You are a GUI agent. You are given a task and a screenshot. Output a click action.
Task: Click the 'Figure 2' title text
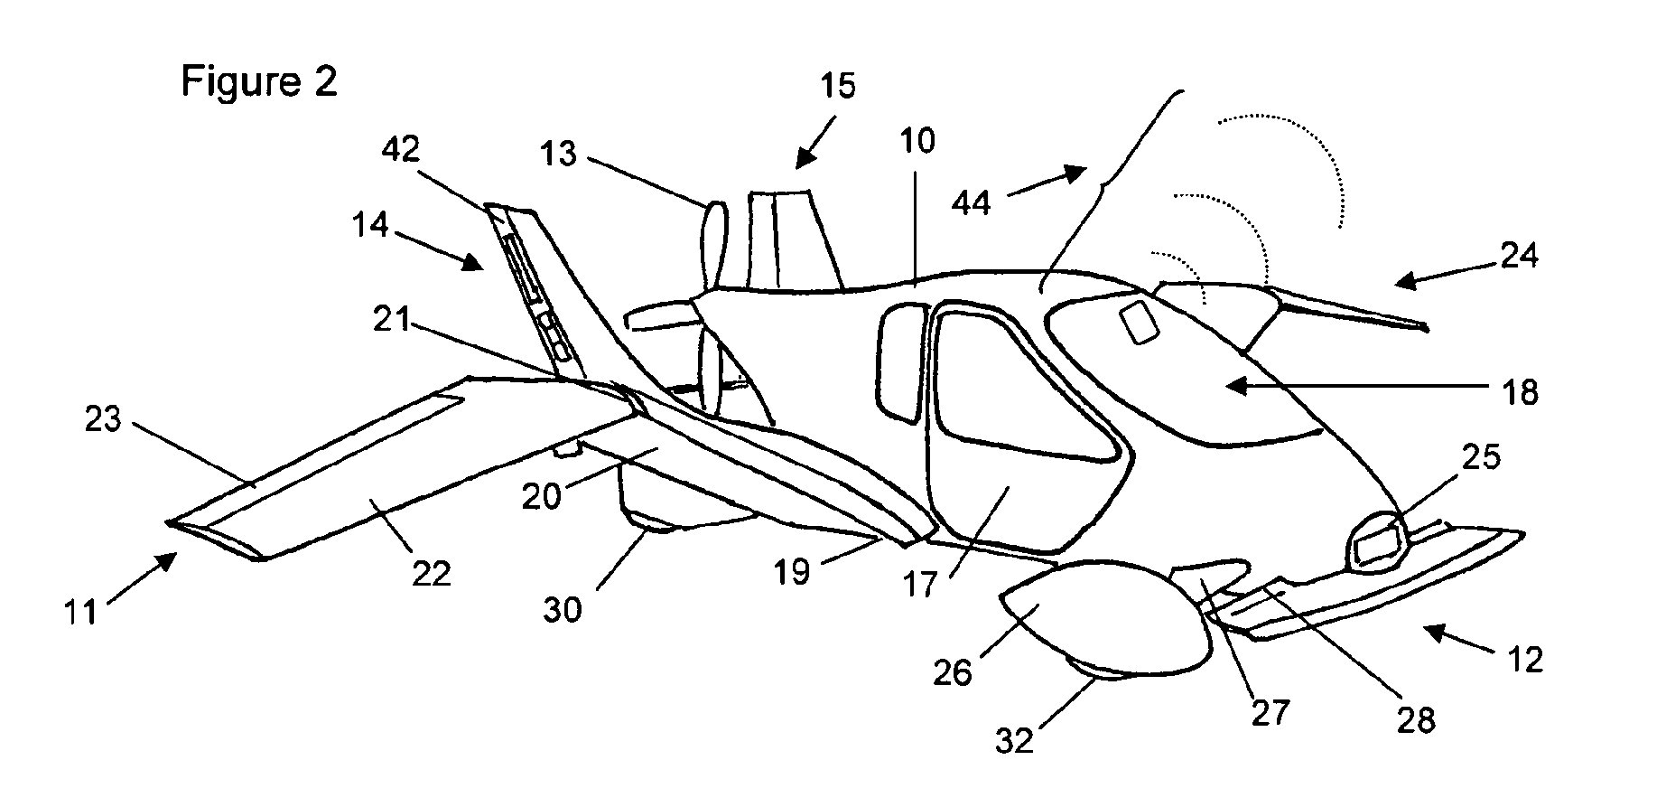(x=259, y=81)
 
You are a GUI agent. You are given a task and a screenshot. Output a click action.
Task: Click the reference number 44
(x=972, y=202)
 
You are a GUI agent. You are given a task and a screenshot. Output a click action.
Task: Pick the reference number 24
(x=1519, y=258)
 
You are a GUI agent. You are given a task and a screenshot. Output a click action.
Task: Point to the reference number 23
(x=103, y=419)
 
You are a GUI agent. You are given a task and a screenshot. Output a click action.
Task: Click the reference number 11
(x=79, y=613)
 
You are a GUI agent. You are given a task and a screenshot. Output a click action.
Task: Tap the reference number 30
(x=563, y=610)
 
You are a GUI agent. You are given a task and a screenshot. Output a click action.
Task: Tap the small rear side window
(x=901, y=361)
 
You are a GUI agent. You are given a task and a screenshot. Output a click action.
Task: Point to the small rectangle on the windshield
(x=1139, y=322)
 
